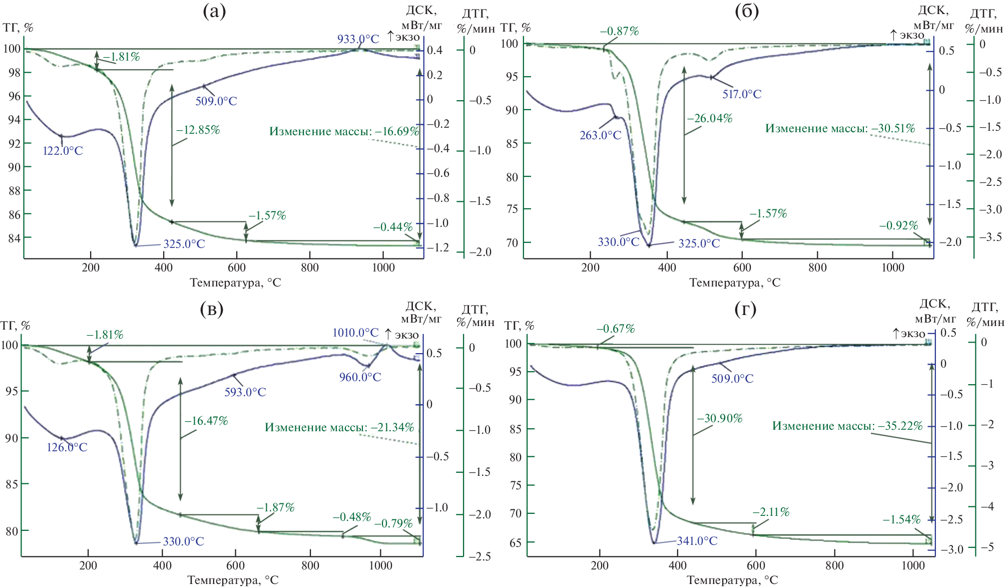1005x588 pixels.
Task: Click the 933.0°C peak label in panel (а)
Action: tap(358, 39)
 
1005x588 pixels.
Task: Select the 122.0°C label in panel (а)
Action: tap(63, 151)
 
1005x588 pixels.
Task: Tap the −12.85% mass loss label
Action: tap(198, 130)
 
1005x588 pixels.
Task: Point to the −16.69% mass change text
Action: tap(344, 131)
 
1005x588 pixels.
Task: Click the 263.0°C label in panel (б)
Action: tap(600, 135)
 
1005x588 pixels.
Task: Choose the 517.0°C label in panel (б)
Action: tap(741, 94)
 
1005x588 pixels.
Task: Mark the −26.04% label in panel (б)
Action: tap(710, 118)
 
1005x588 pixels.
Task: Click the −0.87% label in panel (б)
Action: tap(619, 31)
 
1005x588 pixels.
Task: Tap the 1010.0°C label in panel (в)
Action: tap(355, 333)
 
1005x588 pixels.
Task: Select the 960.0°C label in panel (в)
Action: tap(360, 377)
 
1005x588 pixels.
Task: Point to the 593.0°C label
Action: tap(245, 392)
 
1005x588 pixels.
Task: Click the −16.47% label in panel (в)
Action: tap(206, 421)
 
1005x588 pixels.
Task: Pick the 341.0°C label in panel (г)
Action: tap(697, 541)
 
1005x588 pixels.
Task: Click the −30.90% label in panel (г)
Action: tap(720, 418)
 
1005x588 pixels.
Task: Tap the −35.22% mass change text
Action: tap(847, 426)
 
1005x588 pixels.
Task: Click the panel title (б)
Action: tap(747, 11)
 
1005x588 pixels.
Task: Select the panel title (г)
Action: tap(745, 309)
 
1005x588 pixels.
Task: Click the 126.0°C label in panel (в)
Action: tap(67, 447)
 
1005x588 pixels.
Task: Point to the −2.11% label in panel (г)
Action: tap(771, 512)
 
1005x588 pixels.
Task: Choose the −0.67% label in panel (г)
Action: tap(615, 329)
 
